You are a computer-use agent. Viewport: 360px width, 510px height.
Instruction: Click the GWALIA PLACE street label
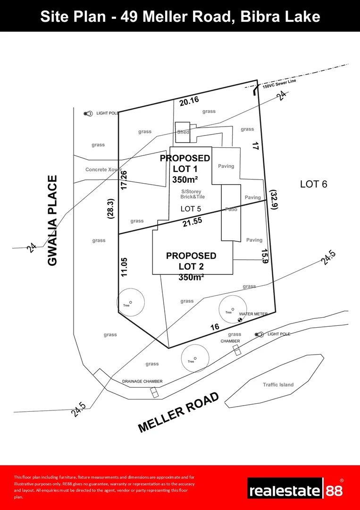pos(52,220)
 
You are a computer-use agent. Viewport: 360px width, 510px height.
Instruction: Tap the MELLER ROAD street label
pos(179,412)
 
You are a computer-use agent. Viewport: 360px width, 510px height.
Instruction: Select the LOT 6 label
pos(313,184)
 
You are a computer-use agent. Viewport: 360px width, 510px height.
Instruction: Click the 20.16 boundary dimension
pos(189,100)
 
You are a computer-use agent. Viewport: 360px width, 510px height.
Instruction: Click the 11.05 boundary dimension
pos(124,267)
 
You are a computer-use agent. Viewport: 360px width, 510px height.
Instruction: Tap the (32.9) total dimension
pos(273,200)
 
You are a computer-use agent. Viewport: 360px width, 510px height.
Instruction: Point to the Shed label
pos(183,132)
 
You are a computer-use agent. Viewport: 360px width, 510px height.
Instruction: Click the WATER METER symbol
pos(240,320)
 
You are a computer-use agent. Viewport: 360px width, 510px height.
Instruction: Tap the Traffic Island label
pos(278,385)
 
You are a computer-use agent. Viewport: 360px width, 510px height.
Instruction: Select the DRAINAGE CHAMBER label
pos(142,382)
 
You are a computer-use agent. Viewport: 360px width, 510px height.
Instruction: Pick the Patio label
pos(231,209)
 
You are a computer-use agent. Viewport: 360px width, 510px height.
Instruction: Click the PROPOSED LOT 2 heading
pos(191,261)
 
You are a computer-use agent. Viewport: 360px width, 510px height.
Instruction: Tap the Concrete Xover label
pos(104,170)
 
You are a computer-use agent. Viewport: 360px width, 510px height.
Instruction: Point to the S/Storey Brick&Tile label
pos(193,194)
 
